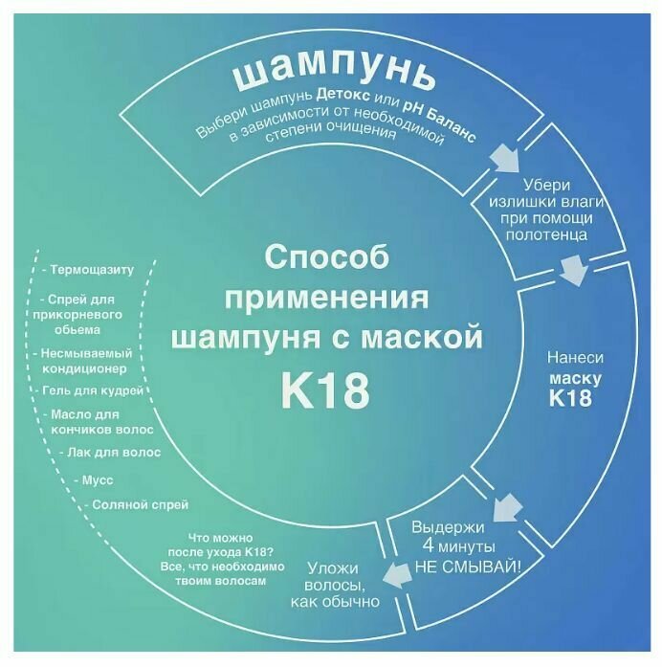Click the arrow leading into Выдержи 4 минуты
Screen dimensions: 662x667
point(507,503)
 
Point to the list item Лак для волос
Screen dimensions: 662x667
point(109,451)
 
